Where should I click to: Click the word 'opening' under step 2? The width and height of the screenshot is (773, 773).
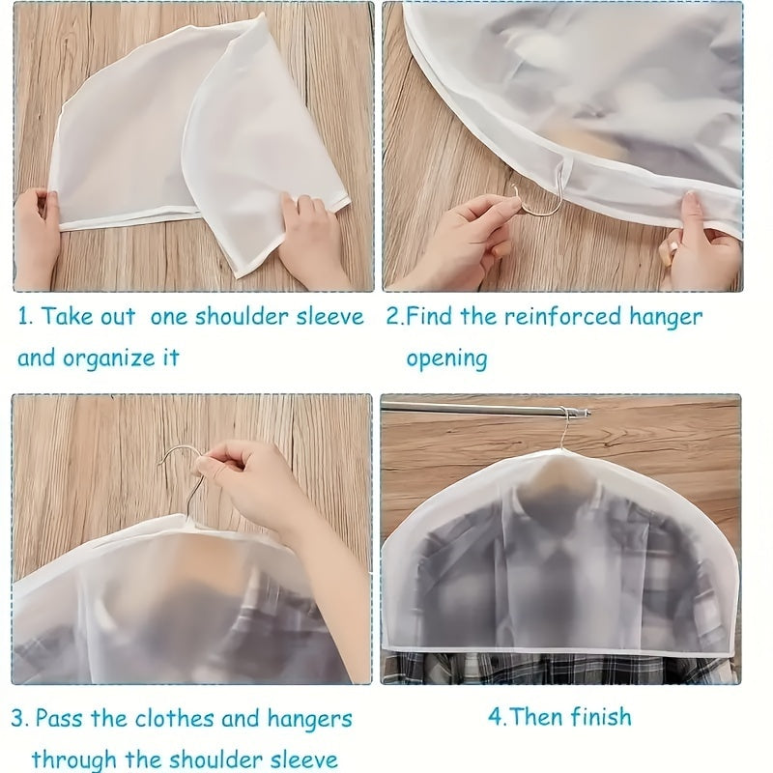pyautogui.click(x=446, y=358)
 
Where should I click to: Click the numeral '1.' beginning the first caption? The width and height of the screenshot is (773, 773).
pyautogui.click(x=25, y=317)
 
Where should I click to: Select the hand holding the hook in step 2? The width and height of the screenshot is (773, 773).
pyautogui.click(x=464, y=242)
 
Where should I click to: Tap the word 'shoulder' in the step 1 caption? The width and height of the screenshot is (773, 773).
pyautogui.click(x=242, y=317)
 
